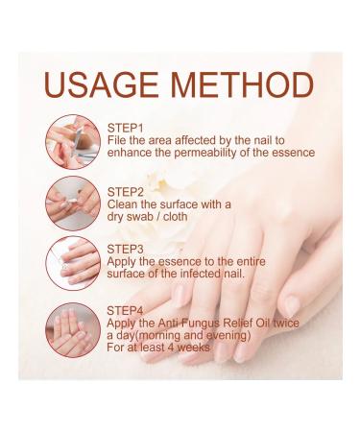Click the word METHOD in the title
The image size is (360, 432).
pos(242,84)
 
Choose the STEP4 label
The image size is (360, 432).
pos(126,310)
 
